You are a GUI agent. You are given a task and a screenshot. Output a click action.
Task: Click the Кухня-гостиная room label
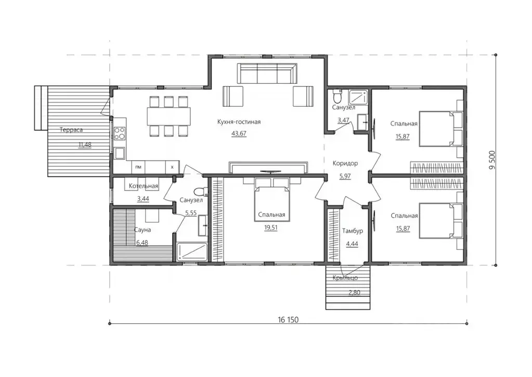[239, 122]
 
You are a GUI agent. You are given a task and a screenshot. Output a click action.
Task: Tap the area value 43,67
[239, 133]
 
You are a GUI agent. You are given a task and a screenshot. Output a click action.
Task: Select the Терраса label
[71, 130]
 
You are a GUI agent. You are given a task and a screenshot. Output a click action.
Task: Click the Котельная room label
[143, 186]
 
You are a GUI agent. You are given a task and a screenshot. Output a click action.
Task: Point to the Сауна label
[142, 230]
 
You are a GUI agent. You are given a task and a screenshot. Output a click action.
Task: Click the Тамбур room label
[352, 231]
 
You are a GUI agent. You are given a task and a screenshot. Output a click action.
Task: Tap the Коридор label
[345, 164]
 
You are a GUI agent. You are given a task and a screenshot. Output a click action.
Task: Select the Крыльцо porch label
[345, 278]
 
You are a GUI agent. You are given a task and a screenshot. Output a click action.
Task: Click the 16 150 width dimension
[288, 320]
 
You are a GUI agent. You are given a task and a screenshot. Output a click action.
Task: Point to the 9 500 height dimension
[492, 160]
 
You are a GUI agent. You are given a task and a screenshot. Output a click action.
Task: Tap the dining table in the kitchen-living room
[168, 116]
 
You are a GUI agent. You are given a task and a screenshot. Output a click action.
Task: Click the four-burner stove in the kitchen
[120, 133]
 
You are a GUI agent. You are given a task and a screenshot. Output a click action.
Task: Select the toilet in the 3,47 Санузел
[338, 96]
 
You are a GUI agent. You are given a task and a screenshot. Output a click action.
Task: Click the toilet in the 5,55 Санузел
[202, 191]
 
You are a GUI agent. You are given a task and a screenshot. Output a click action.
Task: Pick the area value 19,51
[271, 228]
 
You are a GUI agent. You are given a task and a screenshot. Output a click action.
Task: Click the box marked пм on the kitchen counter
[138, 167]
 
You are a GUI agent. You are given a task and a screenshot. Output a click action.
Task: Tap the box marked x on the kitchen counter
[172, 167]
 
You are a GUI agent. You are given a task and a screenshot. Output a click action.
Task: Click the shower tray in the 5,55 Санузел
[192, 252]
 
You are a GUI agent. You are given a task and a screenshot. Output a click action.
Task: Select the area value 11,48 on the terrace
[85, 145]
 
